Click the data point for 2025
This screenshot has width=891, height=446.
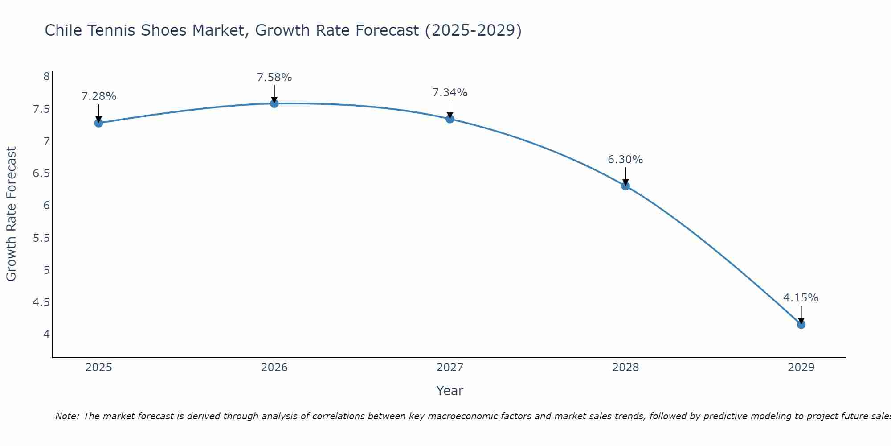[98, 123]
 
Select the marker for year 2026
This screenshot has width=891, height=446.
[274, 103]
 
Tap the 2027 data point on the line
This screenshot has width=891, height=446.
[450, 119]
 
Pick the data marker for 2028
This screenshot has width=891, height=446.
[625, 186]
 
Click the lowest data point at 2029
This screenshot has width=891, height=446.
[801, 325]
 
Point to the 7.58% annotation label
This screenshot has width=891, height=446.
[274, 78]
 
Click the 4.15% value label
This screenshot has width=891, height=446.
[801, 298]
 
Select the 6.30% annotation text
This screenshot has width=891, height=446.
[625, 160]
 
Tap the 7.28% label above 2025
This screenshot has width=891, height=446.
[98, 96]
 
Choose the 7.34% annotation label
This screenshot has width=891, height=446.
[450, 93]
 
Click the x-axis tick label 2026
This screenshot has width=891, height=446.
[274, 368]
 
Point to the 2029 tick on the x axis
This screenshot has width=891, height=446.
[801, 368]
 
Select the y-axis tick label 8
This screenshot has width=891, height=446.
[46, 77]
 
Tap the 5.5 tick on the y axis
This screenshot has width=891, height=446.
[41, 238]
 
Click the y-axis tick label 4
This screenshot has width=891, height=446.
[46, 334]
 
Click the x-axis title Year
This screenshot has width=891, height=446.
[450, 391]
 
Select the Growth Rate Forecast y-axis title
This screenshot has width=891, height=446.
[11, 214]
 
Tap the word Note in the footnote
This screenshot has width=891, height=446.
[67, 416]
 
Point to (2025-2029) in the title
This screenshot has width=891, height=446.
[473, 31]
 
